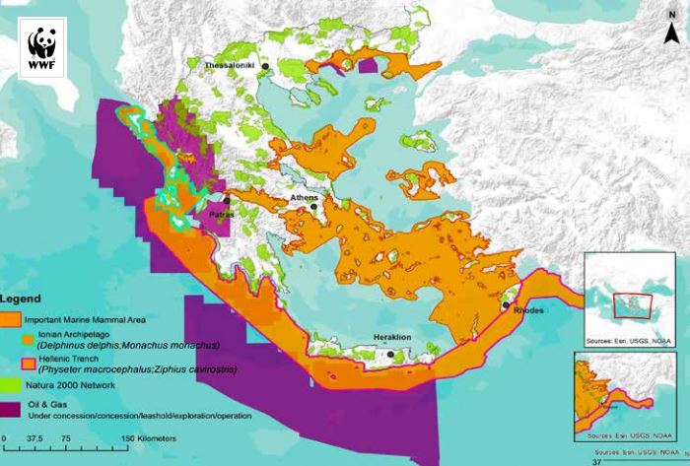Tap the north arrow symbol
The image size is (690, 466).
tap(671, 30)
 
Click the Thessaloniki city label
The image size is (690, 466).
tap(230, 65)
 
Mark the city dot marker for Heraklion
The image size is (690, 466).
tap(391, 354)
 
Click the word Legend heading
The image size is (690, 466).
tap(20, 298)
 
